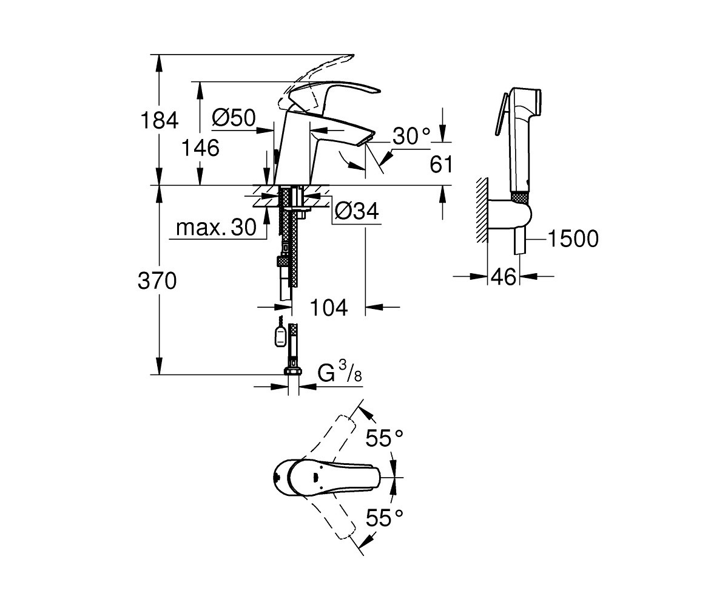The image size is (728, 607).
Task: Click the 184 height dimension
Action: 160,120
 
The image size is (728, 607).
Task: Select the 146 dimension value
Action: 200,148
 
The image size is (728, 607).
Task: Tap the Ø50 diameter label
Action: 234,118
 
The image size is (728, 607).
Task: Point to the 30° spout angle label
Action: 411,136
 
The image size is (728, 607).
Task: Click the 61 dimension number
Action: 441,164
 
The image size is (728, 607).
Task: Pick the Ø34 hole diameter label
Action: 357,211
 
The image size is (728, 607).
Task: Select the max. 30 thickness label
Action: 216,228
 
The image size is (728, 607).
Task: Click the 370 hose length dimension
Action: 157,281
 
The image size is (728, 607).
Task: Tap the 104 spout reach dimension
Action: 329,307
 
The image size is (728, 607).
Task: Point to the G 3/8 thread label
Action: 340,372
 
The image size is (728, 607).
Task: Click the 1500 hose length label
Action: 573,239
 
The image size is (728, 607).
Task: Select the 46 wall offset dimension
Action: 503,277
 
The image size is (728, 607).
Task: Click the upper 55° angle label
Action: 384,438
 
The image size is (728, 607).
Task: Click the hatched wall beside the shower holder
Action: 482,210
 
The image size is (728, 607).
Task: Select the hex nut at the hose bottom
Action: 294,370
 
